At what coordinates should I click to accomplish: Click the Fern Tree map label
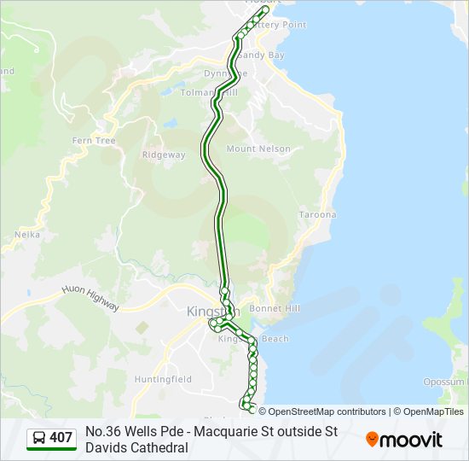[94, 140]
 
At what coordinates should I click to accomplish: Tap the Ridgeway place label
[164, 155]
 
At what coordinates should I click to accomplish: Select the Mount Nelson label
[258, 149]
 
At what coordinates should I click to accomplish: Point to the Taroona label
[317, 214]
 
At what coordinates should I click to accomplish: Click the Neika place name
[27, 234]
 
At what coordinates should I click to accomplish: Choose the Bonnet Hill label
[274, 307]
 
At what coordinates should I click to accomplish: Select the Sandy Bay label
[261, 55]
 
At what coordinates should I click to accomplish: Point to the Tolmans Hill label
[209, 92]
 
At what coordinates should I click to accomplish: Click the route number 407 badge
[61, 438]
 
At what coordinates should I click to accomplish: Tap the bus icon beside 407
[39, 438]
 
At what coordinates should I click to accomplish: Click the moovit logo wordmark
[412, 440]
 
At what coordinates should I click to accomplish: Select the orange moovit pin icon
[372, 439]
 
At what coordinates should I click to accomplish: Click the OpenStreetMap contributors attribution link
[322, 411]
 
